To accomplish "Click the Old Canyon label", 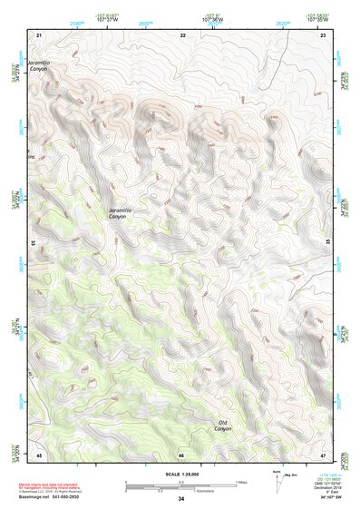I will [x=224, y=426].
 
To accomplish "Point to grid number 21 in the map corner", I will [x=39, y=34].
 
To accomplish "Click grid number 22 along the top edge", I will [x=183, y=34].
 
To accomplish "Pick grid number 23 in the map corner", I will [x=323, y=34].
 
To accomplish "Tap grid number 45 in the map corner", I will [x=39, y=454].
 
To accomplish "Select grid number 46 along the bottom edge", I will [x=181, y=454].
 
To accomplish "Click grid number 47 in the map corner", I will [x=323, y=454].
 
